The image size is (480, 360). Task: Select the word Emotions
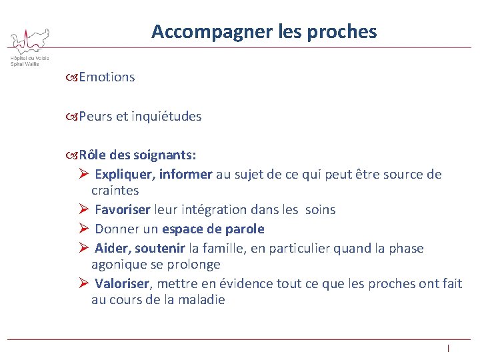[x=107, y=77]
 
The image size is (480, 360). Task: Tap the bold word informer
[x=187, y=175]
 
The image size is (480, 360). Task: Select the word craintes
[x=115, y=190]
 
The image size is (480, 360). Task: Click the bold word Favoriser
[x=123, y=209]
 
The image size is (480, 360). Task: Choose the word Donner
[x=117, y=229]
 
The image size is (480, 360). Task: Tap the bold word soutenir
[x=160, y=248]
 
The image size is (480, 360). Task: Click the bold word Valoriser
[x=123, y=283]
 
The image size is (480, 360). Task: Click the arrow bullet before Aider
[x=83, y=248]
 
